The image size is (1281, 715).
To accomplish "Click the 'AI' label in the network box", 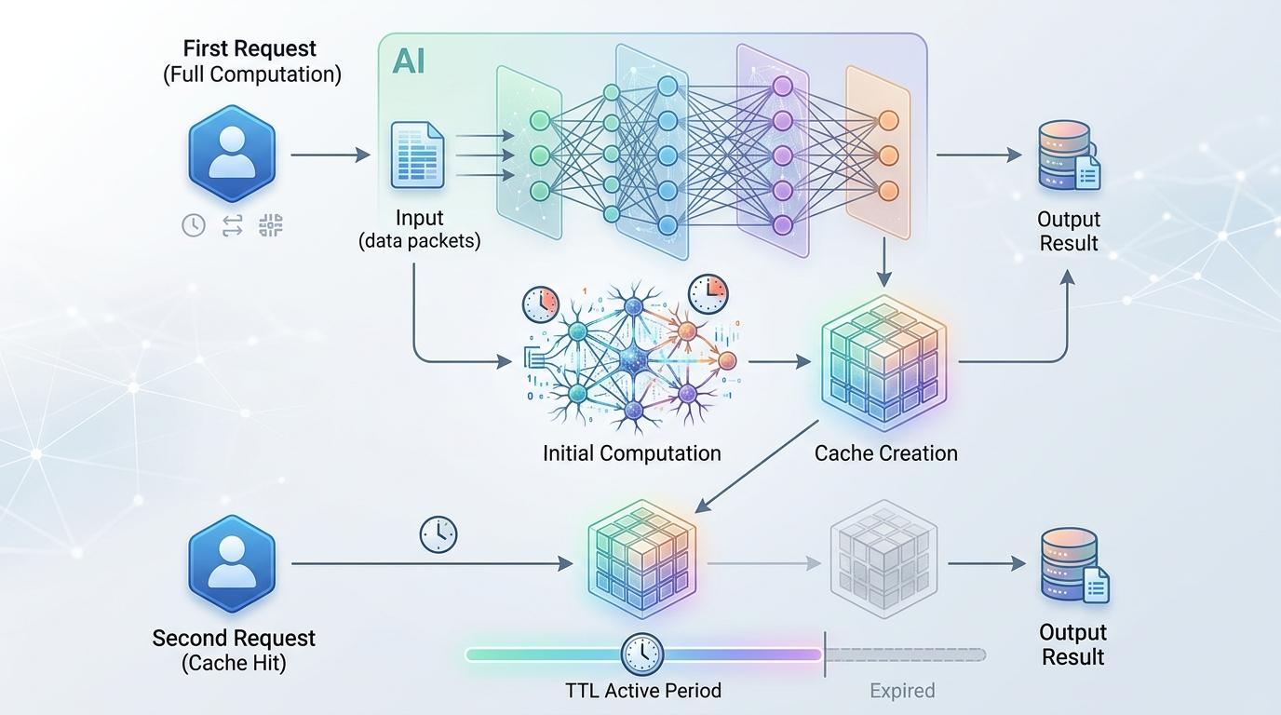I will (409, 61).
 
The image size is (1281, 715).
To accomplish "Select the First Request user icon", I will (232, 154).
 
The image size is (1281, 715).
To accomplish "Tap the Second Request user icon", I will (232, 563).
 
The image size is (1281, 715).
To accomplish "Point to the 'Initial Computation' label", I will (632, 453).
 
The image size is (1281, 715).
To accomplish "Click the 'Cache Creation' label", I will (885, 453).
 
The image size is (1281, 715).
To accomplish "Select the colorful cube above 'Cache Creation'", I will (883, 362).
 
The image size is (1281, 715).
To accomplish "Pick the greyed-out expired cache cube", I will (883, 560).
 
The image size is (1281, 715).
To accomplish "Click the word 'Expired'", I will (902, 691).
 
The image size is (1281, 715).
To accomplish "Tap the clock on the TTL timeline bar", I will (642, 654).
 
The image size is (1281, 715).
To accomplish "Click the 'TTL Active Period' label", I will (643, 691).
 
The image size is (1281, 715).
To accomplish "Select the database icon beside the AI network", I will (1069, 158).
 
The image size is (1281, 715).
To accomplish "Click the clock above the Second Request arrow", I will (438, 534).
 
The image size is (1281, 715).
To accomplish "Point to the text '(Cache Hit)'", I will (234, 664).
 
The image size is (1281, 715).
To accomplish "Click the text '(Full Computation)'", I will (252, 74).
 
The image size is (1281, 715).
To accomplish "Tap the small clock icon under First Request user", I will (194, 224).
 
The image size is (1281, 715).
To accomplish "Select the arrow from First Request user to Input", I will (330, 155).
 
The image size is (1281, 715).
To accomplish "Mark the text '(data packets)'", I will (420, 241).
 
